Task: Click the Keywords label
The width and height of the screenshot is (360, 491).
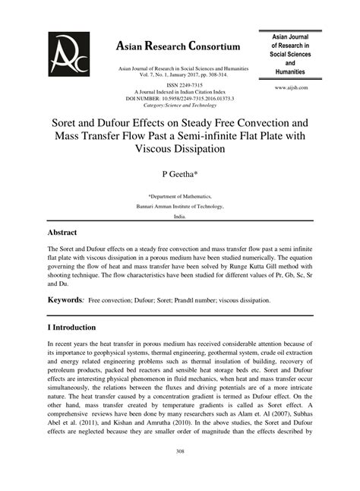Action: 65,301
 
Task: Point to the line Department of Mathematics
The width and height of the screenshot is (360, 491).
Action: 179,195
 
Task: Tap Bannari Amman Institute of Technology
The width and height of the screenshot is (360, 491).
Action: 179,206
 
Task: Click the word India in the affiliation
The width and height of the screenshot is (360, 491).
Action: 179,217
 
